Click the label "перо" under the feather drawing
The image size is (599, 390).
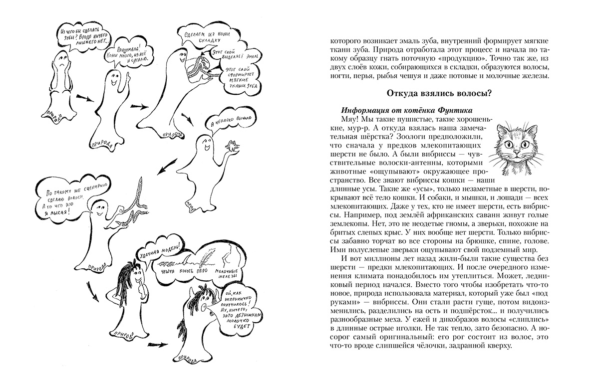pos(208,272)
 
